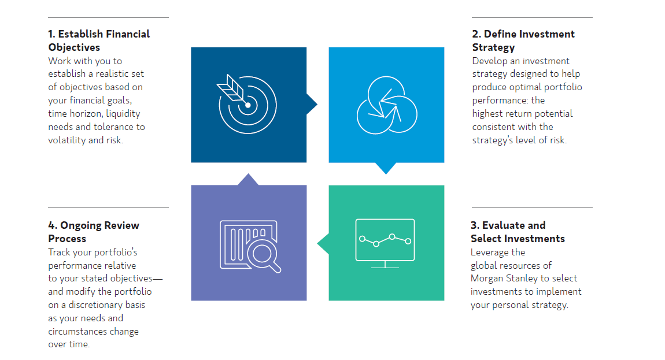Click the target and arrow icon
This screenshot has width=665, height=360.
click(x=247, y=105)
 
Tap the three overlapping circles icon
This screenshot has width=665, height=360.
click(x=387, y=105)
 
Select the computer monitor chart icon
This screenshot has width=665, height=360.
click(x=385, y=243)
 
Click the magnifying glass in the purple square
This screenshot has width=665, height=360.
click(x=265, y=255)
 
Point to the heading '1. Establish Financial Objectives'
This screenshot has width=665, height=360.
click(x=99, y=40)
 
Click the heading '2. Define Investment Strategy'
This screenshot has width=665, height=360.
click(x=523, y=40)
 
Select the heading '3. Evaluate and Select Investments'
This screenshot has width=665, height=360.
click(x=518, y=232)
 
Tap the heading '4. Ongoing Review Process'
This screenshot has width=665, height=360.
click(x=94, y=232)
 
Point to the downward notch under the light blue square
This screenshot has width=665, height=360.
click(x=386, y=168)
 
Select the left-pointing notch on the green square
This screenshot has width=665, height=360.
click(x=323, y=243)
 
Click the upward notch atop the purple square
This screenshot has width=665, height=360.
click(x=248, y=179)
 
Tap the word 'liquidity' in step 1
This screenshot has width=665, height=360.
click(x=123, y=114)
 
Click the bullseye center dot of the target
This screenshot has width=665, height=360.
click(x=248, y=105)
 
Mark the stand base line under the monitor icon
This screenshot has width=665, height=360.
click(x=385, y=268)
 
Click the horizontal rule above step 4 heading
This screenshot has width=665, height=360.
click(x=108, y=208)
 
